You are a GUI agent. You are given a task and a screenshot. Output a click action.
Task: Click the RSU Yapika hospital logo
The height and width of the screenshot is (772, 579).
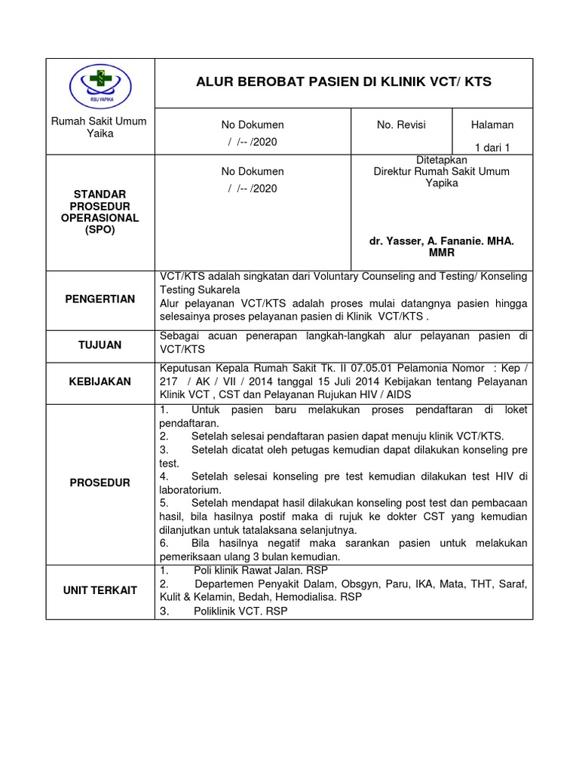point(100,83)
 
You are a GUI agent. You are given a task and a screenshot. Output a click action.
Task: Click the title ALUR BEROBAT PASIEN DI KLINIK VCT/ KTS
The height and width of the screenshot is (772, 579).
point(343,81)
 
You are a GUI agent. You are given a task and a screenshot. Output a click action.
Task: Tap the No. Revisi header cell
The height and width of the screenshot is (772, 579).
point(401,124)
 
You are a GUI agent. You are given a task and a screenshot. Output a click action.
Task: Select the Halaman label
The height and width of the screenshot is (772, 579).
point(492,124)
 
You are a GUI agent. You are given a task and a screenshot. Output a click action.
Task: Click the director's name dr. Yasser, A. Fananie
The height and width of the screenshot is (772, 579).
point(441,240)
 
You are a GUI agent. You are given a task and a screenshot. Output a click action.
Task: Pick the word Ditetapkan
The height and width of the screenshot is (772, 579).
point(441,161)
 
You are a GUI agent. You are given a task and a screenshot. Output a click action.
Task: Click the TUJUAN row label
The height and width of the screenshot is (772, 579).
point(100,345)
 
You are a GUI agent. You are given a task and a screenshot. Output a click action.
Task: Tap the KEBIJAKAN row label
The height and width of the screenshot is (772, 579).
point(100,382)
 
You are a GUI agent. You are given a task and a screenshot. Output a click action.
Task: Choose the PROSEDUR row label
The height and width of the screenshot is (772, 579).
point(100,482)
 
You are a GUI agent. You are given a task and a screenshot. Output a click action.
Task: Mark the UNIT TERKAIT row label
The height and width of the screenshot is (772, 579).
point(100,590)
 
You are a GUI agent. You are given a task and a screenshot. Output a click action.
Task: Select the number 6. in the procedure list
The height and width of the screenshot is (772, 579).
point(165,544)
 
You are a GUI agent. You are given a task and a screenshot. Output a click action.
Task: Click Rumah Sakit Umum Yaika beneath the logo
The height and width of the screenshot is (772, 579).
point(99,127)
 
